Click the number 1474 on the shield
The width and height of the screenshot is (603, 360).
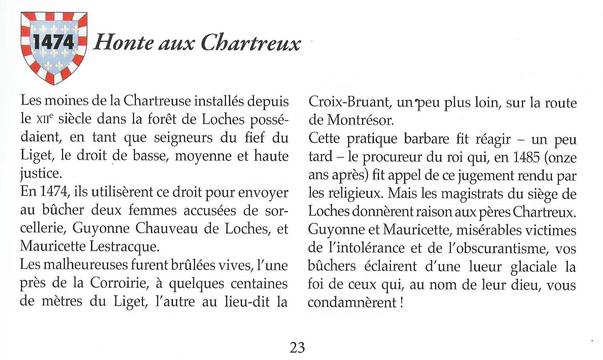point(53,43)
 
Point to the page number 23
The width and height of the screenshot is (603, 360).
point(297,348)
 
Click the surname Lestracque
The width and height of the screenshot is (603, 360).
point(124,247)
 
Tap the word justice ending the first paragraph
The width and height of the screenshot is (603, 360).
point(40,174)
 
